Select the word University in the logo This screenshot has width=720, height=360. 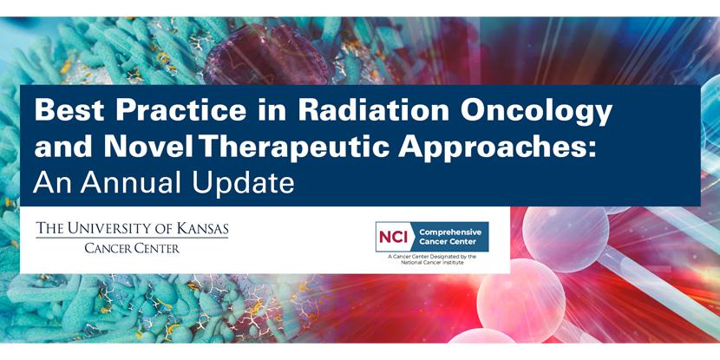(121, 229)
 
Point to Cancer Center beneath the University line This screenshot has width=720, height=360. (132, 248)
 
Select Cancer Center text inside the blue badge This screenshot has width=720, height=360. (448, 243)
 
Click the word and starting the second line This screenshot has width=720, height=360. (59, 147)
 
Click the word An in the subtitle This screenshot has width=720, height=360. (49, 183)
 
